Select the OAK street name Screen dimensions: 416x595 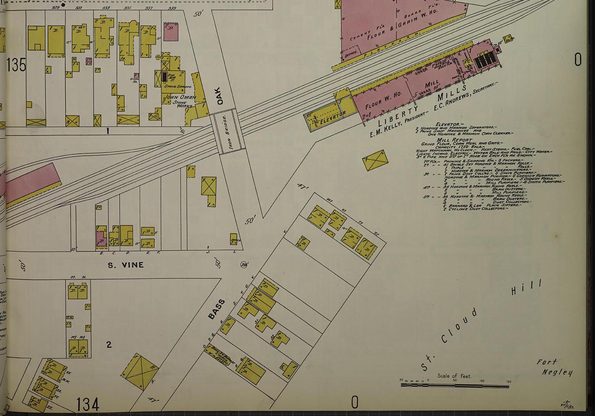click(218, 96)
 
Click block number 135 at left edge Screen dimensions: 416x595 click(16, 65)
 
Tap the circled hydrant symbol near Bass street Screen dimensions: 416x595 click(244, 264)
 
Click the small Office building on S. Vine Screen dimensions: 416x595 click(234, 239)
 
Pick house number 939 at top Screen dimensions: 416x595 click(172, 8)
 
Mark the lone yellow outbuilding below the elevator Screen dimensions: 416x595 click(375, 160)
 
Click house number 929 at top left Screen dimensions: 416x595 click(56, 8)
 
